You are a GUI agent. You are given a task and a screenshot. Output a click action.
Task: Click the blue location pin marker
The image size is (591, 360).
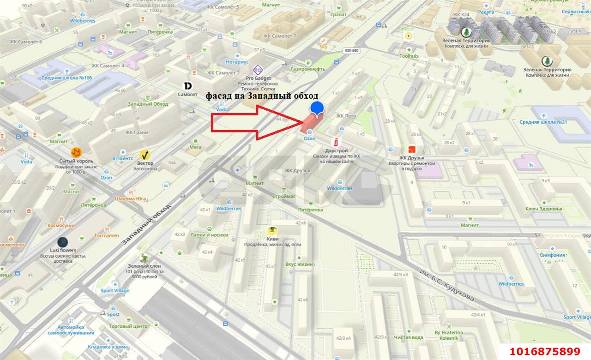click(317, 108)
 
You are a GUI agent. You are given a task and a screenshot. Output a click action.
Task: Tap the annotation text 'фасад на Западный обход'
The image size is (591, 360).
click(262, 96)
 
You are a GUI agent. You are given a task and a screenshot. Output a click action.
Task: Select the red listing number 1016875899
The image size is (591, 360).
click(544, 351)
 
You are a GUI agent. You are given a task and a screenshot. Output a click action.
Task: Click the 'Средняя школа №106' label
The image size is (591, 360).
click(66, 78)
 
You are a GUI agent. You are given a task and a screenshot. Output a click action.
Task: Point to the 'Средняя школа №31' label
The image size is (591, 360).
click(543, 122)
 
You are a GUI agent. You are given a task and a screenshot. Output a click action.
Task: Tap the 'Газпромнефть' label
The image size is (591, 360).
click(308, 69)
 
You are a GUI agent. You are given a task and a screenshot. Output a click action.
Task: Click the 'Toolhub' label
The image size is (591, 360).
click(409, 56)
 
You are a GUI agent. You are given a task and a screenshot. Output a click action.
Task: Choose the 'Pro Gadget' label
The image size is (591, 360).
click(258, 78)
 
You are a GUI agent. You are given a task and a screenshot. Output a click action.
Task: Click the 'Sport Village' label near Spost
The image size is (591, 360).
click(115, 291)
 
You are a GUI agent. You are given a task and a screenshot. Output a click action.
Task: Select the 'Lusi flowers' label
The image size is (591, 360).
click(63, 250)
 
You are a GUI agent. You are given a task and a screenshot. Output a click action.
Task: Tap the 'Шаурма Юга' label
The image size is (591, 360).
click(130, 199)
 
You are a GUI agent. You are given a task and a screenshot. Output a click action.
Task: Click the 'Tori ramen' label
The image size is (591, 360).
click(107, 235)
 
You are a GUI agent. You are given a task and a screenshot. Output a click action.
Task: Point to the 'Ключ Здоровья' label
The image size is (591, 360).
click(543, 209)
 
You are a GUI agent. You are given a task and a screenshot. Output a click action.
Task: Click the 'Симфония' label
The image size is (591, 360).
click(552, 255)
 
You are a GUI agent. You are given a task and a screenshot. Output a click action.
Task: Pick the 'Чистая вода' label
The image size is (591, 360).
click(409, 337)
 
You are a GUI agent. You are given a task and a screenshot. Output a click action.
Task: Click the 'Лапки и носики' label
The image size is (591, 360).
click(209, 234)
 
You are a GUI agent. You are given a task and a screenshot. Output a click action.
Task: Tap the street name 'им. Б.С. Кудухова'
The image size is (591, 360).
click(446, 283)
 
